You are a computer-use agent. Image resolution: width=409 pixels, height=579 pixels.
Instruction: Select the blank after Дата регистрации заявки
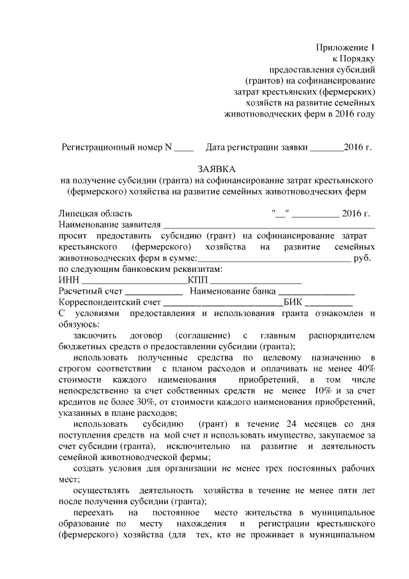click(x=326, y=147)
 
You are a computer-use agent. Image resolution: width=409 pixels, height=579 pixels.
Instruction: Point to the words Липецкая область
click(x=95, y=213)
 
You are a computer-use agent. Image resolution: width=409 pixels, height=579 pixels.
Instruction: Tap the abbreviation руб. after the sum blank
click(x=362, y=258)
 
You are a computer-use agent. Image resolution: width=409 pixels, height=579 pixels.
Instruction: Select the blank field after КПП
click(x=256, y=281)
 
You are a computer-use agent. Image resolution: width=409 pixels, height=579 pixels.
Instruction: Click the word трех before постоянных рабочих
click(x=272, y=468)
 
